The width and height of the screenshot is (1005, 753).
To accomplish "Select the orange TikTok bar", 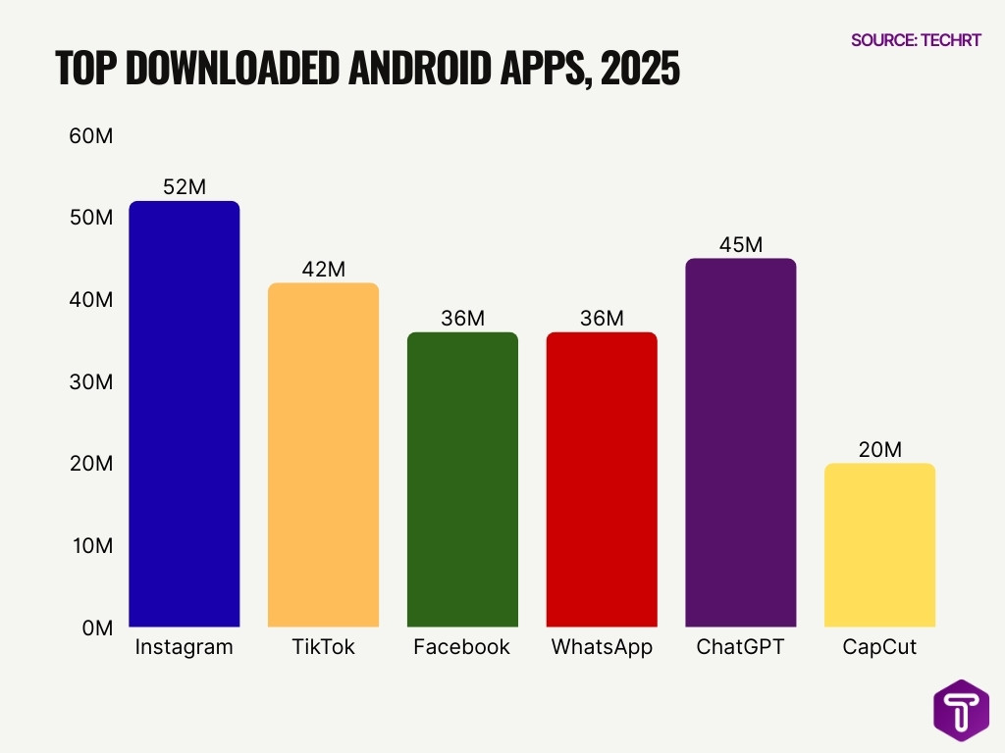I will (323, 455).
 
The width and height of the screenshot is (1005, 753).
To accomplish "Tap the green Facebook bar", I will (462, 479).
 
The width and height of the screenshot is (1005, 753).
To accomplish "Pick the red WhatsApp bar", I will (602, 479).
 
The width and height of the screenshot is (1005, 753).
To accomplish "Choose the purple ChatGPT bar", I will (741, 442).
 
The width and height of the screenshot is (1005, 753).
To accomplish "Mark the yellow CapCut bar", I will (880, 545).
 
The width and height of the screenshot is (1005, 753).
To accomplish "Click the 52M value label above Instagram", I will (185, 186).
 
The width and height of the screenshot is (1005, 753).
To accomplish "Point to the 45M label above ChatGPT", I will (741, 244).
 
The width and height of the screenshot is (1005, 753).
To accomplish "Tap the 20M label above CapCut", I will (880, 449).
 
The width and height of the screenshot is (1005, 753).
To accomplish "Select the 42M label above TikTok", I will (323, 269).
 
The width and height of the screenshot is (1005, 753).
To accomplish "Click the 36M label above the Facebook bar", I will (462, 319).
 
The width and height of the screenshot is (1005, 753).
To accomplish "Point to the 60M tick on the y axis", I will (90, 136).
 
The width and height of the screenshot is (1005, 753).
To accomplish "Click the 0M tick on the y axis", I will (96, 627).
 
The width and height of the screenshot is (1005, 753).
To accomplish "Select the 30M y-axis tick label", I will (90, 381).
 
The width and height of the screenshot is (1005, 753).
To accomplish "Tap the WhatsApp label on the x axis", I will (602, 647).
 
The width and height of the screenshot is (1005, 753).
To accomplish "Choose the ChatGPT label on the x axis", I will (741, 647).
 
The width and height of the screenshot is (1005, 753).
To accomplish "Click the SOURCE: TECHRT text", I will (916, 40).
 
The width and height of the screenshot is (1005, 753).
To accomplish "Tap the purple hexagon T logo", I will (961, 711).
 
